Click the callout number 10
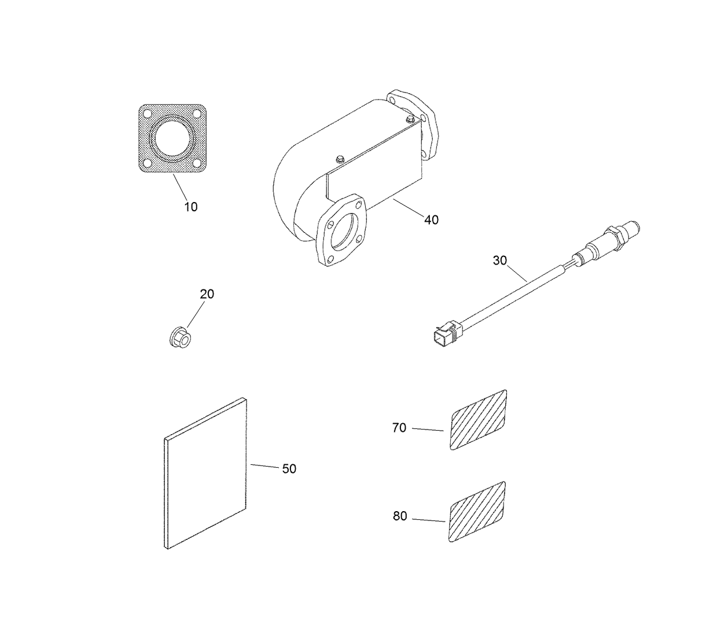pos(191,207)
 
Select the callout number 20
pos(207,294)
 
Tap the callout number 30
pos(499,261)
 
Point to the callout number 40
pos(431,220)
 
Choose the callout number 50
pos(289,469)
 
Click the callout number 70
pos(399,428)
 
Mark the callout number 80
pos(400,516)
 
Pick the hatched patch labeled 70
pos(479,421)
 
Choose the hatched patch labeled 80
pos(477,512)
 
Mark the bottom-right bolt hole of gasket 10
pos(197,164)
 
